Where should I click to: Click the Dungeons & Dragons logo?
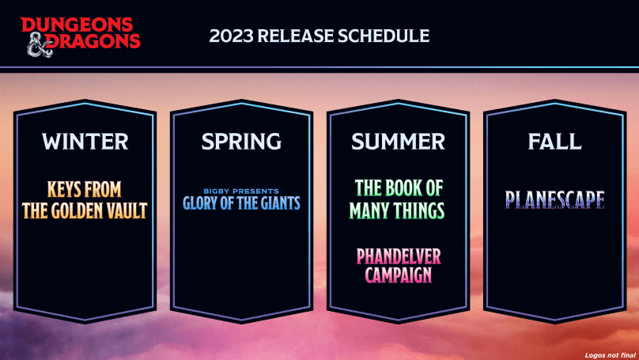pyautogui.click(x=81, y=36)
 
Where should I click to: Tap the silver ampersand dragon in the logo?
pyautogui.click(x=40, y=45)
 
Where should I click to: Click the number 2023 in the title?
pyautogui.click(x=231, y=36)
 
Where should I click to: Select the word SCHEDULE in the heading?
pyautogui.click(x=384, y=36)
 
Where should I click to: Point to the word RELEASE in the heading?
pyautogui.click(x=296, y=36)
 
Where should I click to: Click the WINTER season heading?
pyautogui.click(x=85, y=141)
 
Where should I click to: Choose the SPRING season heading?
pyautogui.click(x=241, y=141)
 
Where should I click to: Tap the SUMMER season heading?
pyautogui.click(x=398, y=141)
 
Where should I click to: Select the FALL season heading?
pyautogui.click(x=554, y=141)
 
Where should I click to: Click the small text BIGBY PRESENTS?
pyautogui.click(x=241, y=191)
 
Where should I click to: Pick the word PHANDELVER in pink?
pyautogui.click(x=399, y=256)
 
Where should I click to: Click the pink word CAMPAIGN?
pyautogui.click(x=398, y=275)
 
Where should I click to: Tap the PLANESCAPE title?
pyautogui.click(x=554, y=199)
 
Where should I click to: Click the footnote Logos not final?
pyautogui.click(x=610, y=355)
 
